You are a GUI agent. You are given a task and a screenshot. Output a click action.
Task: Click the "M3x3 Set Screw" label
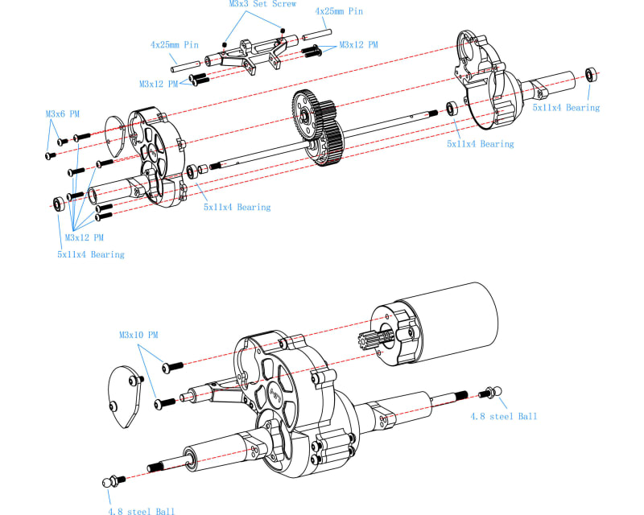coord(263,4)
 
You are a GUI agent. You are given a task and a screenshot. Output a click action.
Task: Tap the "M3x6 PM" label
coord(63,113)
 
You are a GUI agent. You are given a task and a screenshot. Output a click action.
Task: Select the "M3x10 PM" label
coord(138,335)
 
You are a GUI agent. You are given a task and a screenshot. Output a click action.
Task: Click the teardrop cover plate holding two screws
coord(126,397)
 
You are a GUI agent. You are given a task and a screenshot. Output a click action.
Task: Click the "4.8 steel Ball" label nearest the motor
coord(504,417)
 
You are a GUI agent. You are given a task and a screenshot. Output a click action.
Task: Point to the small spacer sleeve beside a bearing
coord(203,170)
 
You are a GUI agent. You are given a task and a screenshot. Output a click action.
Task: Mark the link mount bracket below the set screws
coord(251,55)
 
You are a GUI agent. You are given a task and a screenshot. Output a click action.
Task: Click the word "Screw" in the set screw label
coord(284,4)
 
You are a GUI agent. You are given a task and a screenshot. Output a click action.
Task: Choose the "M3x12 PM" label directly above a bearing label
coord(85,237)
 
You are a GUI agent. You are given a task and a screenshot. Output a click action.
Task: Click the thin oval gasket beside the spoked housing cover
coord(114,136)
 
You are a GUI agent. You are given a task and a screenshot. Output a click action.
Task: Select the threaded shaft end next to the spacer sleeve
coord(215,166)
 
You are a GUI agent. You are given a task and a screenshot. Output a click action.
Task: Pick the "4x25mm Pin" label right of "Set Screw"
coord(339,11)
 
